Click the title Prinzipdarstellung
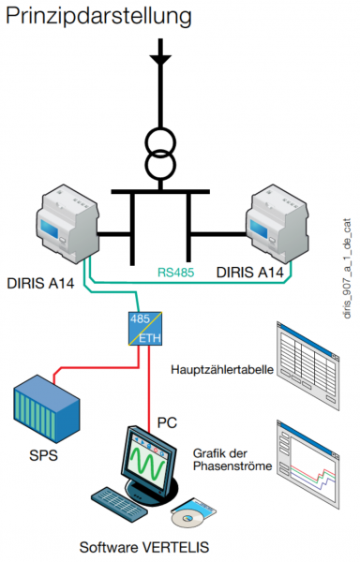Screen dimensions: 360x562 (98, 17)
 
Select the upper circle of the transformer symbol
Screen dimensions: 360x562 (160, 142)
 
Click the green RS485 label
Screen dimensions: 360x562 (175, 272)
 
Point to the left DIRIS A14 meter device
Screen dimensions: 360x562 (67, 224)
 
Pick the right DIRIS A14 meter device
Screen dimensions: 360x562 (277, 223)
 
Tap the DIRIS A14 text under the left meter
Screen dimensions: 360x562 (40, 284)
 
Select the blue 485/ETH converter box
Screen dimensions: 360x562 (145, 329)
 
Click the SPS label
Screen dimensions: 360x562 (43, 455)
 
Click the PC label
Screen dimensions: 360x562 (167, 423)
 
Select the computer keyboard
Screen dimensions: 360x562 (119, 503)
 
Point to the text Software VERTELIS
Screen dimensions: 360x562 (144, 547)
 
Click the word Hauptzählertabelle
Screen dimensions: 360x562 (222, 370)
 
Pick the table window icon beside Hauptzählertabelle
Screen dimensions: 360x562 (307, 365)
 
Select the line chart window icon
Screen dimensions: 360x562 (307, 465)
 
